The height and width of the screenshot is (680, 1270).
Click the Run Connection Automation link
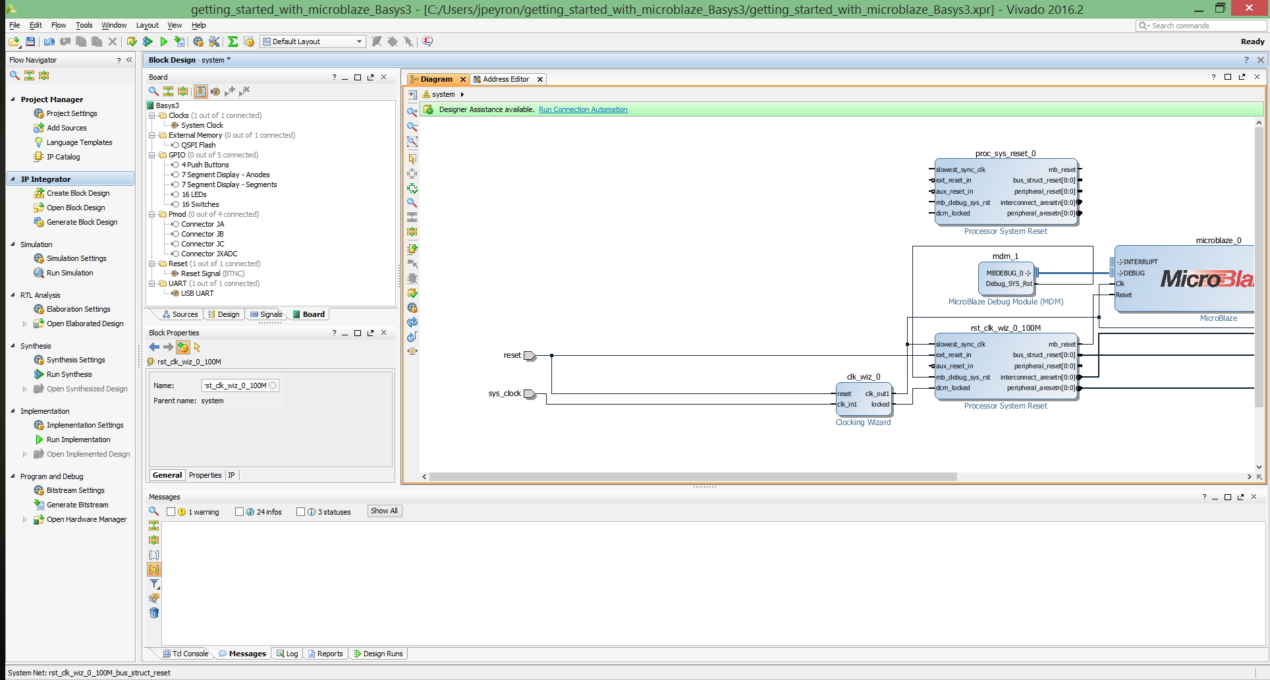(x=583, y=109)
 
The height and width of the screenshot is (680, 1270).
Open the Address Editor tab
(x=506, y=79)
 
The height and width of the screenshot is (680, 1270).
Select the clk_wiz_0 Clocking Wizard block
(x=864, y=399)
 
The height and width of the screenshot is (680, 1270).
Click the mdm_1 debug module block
(x=1006, y=278)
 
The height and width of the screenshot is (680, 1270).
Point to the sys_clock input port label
(x=505, y=393)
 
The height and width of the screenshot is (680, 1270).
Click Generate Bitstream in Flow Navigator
(x=78, y=505)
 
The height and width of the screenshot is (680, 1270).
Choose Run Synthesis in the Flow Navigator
(x=69, y=374)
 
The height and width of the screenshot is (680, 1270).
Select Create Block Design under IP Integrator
(x=78, y=193)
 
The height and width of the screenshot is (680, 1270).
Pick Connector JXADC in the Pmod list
(x=209, y=254)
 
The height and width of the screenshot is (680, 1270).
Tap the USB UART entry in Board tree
(x=198, y=293)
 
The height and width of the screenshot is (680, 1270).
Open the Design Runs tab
(x=379, y=654)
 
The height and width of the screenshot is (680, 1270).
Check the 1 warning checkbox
(x=171, y=512)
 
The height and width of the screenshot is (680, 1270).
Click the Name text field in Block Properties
(x=240, y=385)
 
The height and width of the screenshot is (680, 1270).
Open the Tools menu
(x=84, y=25)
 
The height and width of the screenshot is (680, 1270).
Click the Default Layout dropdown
(x=313, y=42)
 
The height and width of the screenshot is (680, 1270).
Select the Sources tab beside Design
(x=180, y=314)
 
